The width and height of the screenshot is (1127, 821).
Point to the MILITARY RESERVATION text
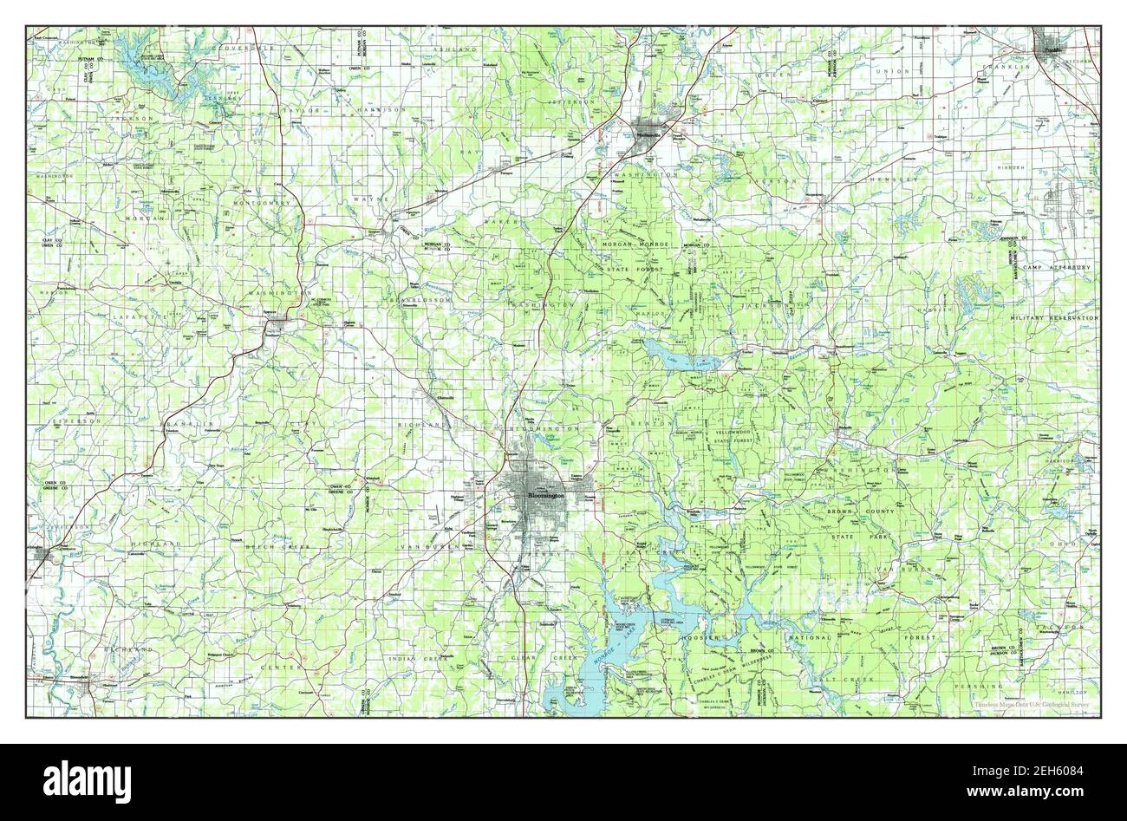[1053, 319]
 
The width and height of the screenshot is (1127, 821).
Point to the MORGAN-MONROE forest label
[636, 245]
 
